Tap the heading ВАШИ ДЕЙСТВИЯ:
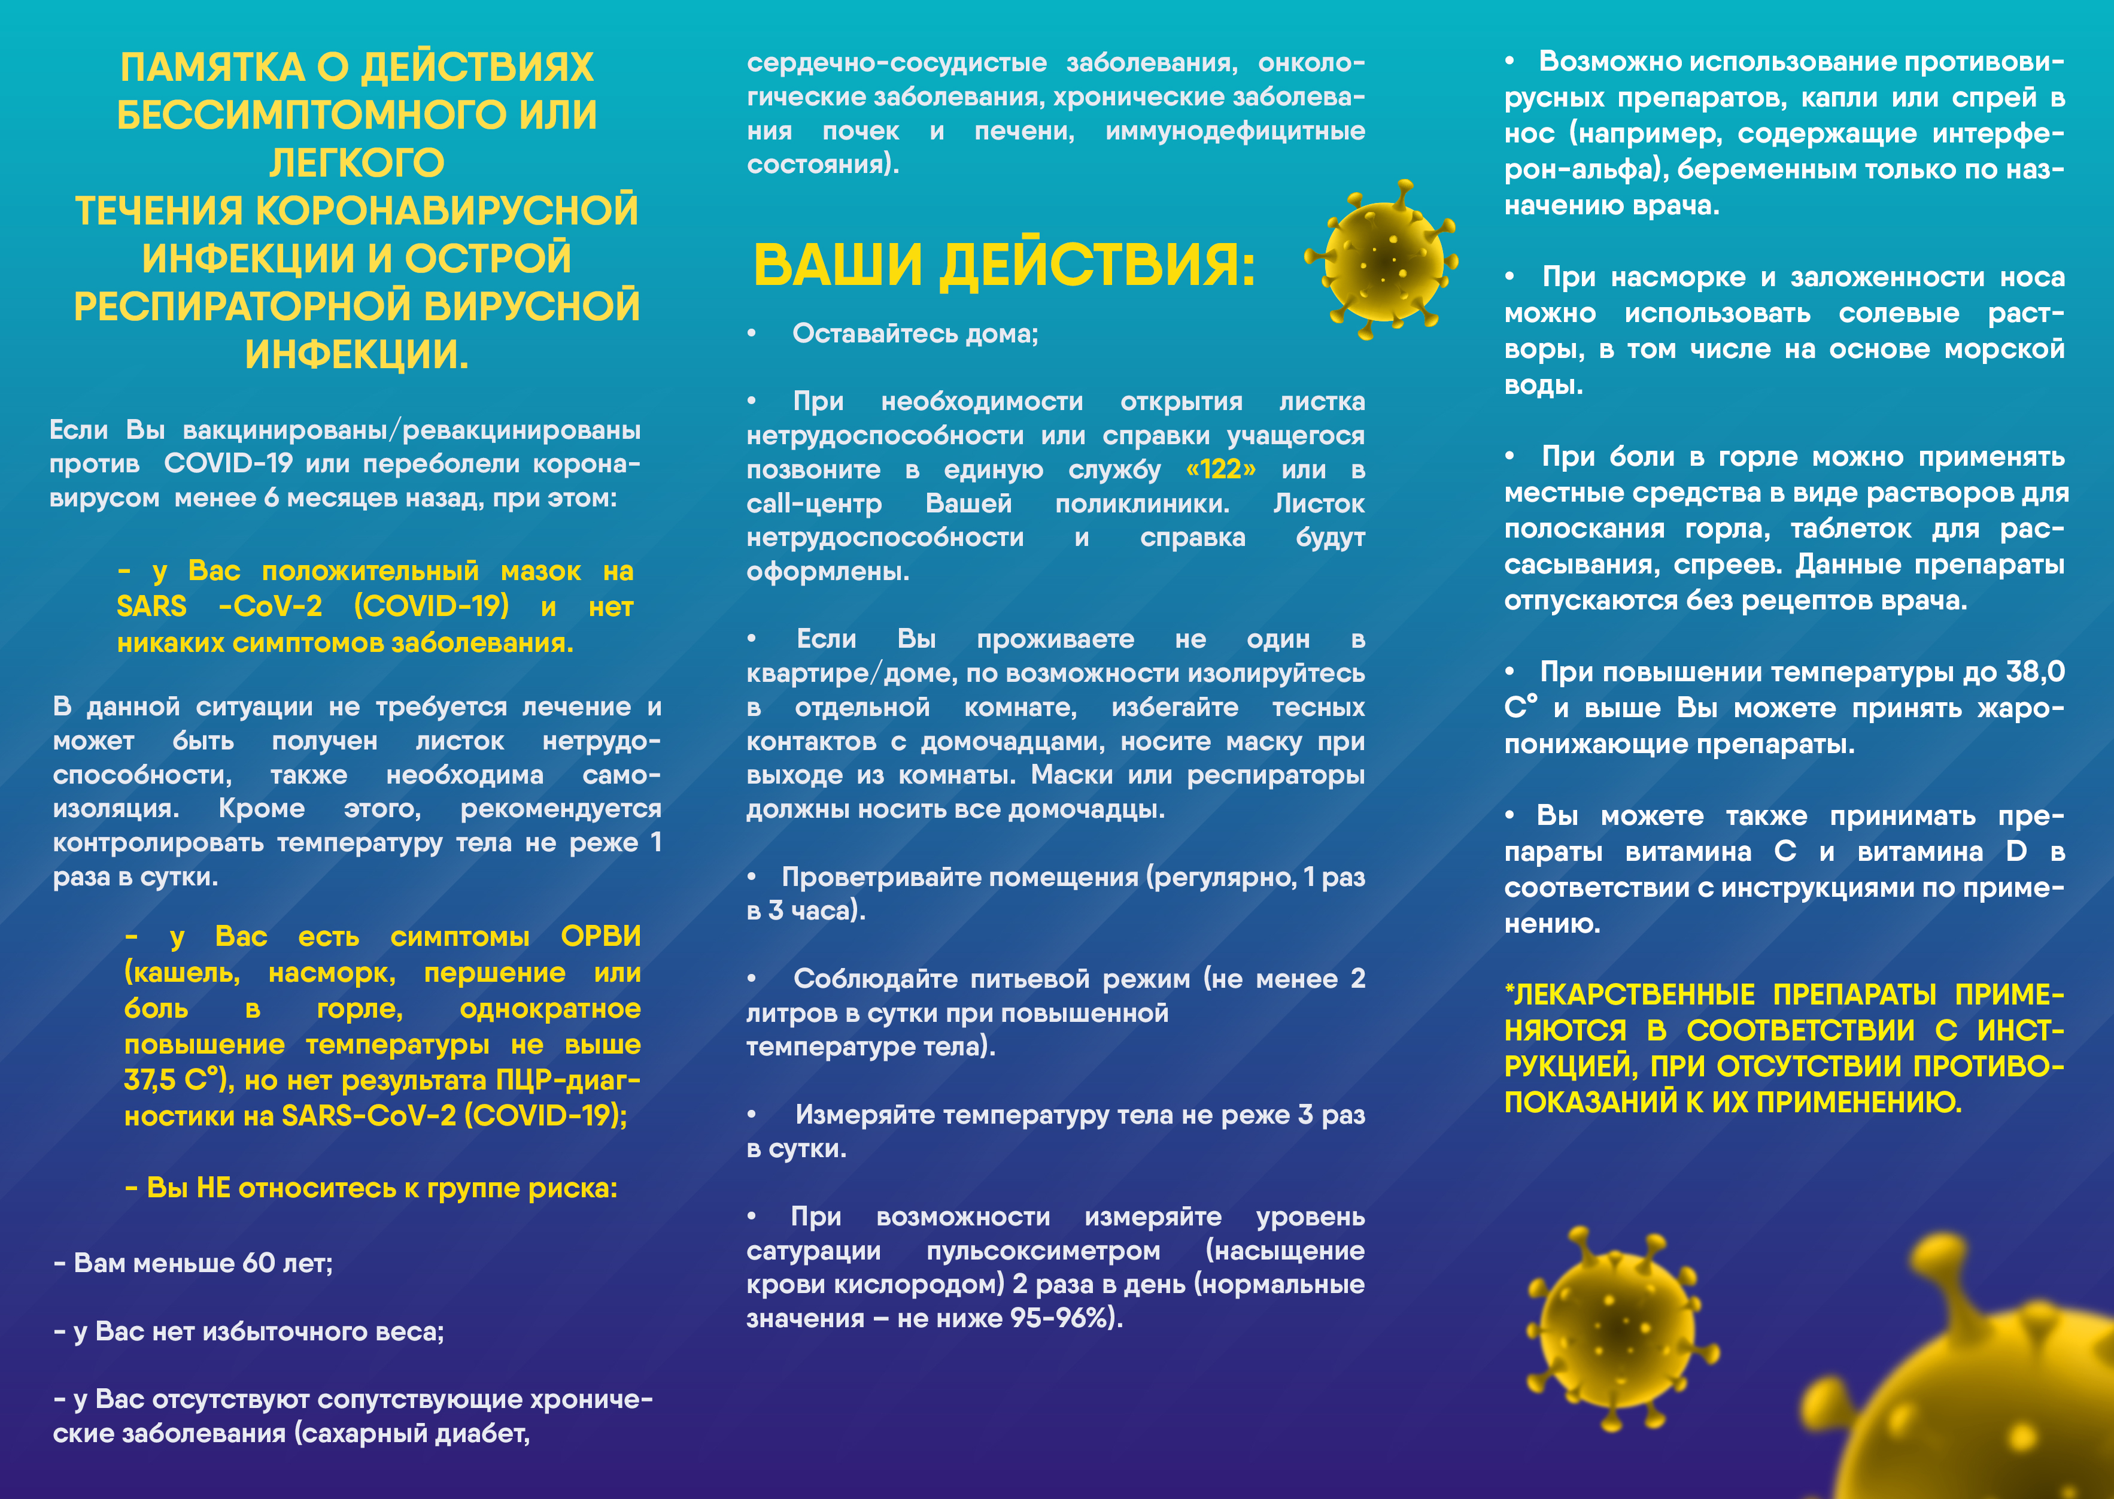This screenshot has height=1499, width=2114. click(x=1004, y=265)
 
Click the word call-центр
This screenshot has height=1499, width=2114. click(x=814, y=504)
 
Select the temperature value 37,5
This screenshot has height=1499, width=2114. click(x=150, y=1080)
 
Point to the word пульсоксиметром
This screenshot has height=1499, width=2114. click(x=1043, y=1251)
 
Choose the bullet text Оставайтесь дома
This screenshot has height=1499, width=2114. click(x=915, y=333)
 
